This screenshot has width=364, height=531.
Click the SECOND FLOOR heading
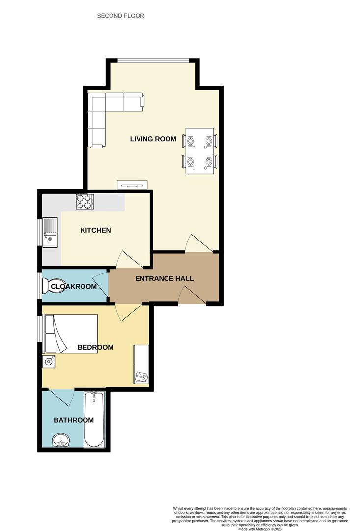point(120,16)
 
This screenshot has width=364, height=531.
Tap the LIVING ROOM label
point(153,139)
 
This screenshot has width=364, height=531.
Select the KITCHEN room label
point(95,230)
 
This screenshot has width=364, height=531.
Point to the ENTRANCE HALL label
point(164,278)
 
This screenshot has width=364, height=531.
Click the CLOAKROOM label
point(74,286)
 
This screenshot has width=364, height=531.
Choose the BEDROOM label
point(95,347)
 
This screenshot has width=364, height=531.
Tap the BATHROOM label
point(74,420)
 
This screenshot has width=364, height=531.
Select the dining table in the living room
point(199,150)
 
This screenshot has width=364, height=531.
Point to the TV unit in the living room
point(132,185)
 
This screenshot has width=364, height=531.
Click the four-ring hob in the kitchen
point(84,202)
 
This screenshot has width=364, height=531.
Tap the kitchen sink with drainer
point(50,233)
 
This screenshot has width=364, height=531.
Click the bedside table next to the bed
point(49,362)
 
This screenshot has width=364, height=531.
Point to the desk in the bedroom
point(141,364)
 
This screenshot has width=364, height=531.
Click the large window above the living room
point(153,61)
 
